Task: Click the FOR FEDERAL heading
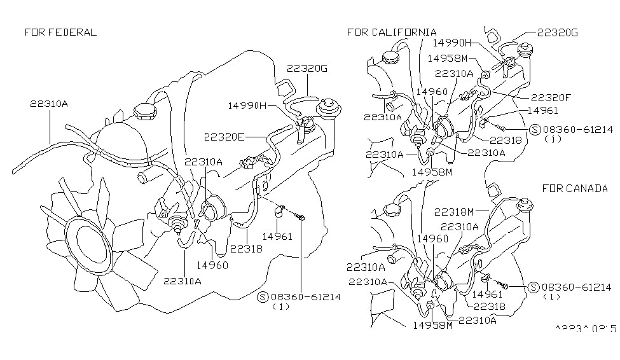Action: [x=60, y=32]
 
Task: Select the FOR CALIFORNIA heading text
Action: [x=392, y=32]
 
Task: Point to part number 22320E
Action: [x=224, y=136]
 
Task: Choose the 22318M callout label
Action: [x=453, y=212]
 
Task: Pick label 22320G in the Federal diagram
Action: [x=307, y=68]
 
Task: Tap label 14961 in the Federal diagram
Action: [x=278, y=236]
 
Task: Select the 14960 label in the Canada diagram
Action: [x=432, y=239]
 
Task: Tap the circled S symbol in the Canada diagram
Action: [x=534, y=287]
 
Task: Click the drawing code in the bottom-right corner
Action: [x=585, y=328]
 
